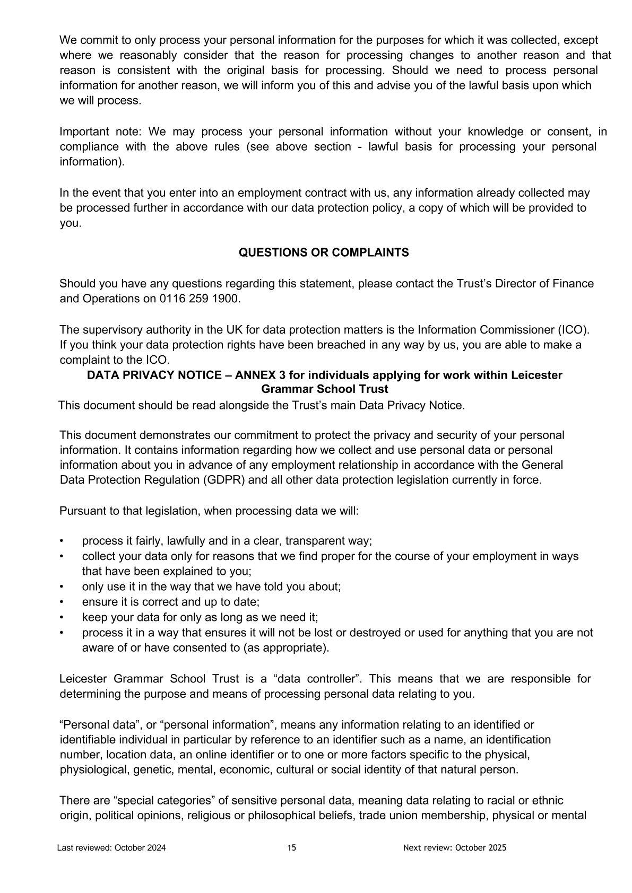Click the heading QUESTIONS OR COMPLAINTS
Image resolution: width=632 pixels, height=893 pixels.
324,253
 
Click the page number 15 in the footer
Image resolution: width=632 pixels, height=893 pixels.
292,847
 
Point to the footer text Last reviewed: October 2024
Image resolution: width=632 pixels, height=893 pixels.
111,847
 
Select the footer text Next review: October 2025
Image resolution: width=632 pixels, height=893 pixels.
455,847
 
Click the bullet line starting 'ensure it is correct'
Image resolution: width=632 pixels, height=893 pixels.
170,602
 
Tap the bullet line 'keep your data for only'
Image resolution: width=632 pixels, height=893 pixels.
200,617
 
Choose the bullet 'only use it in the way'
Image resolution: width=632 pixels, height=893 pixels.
211,586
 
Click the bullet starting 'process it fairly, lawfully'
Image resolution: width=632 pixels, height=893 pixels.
227,541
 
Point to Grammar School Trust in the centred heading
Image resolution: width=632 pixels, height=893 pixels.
324,389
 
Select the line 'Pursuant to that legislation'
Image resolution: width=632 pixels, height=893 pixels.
209,511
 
